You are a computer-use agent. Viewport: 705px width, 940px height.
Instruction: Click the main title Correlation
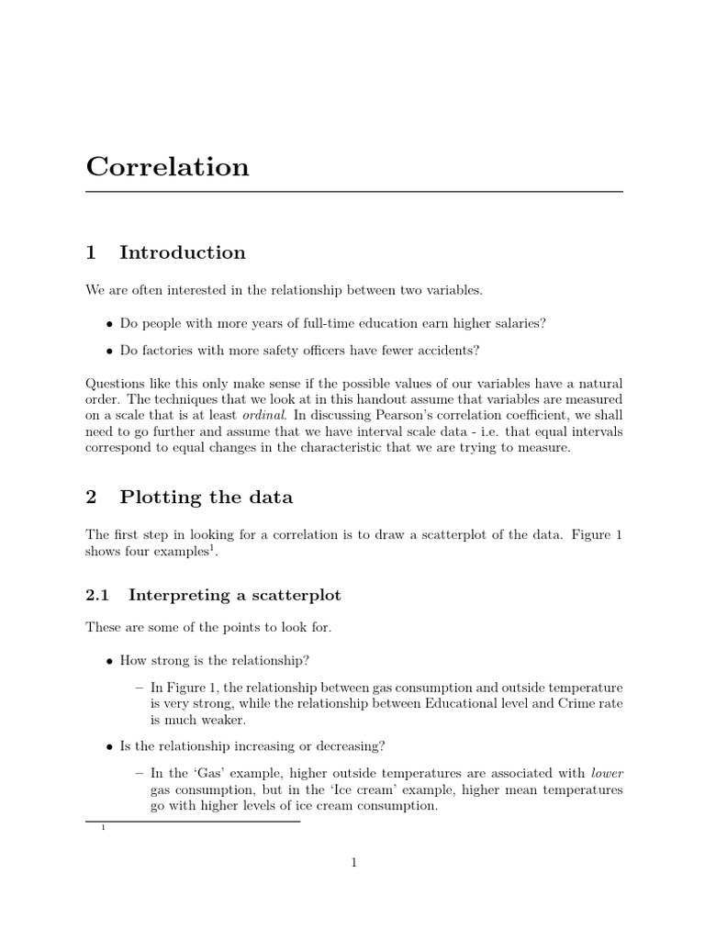[167, 167]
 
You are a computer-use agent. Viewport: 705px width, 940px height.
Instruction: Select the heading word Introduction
[183, 252]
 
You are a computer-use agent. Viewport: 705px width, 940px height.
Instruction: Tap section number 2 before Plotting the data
[91, 498]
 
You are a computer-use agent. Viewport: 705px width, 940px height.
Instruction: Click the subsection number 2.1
[97, 595]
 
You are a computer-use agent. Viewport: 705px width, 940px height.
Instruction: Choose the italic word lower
[607, 772]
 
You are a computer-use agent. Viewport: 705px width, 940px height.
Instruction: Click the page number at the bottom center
[353, 862]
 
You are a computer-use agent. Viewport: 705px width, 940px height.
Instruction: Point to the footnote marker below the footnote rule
[104, 829]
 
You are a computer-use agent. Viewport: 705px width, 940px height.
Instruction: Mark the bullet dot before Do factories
[110, 351]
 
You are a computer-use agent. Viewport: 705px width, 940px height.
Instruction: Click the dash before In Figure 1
[140, 688]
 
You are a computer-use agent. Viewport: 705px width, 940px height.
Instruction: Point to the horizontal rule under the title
[353, 192]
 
